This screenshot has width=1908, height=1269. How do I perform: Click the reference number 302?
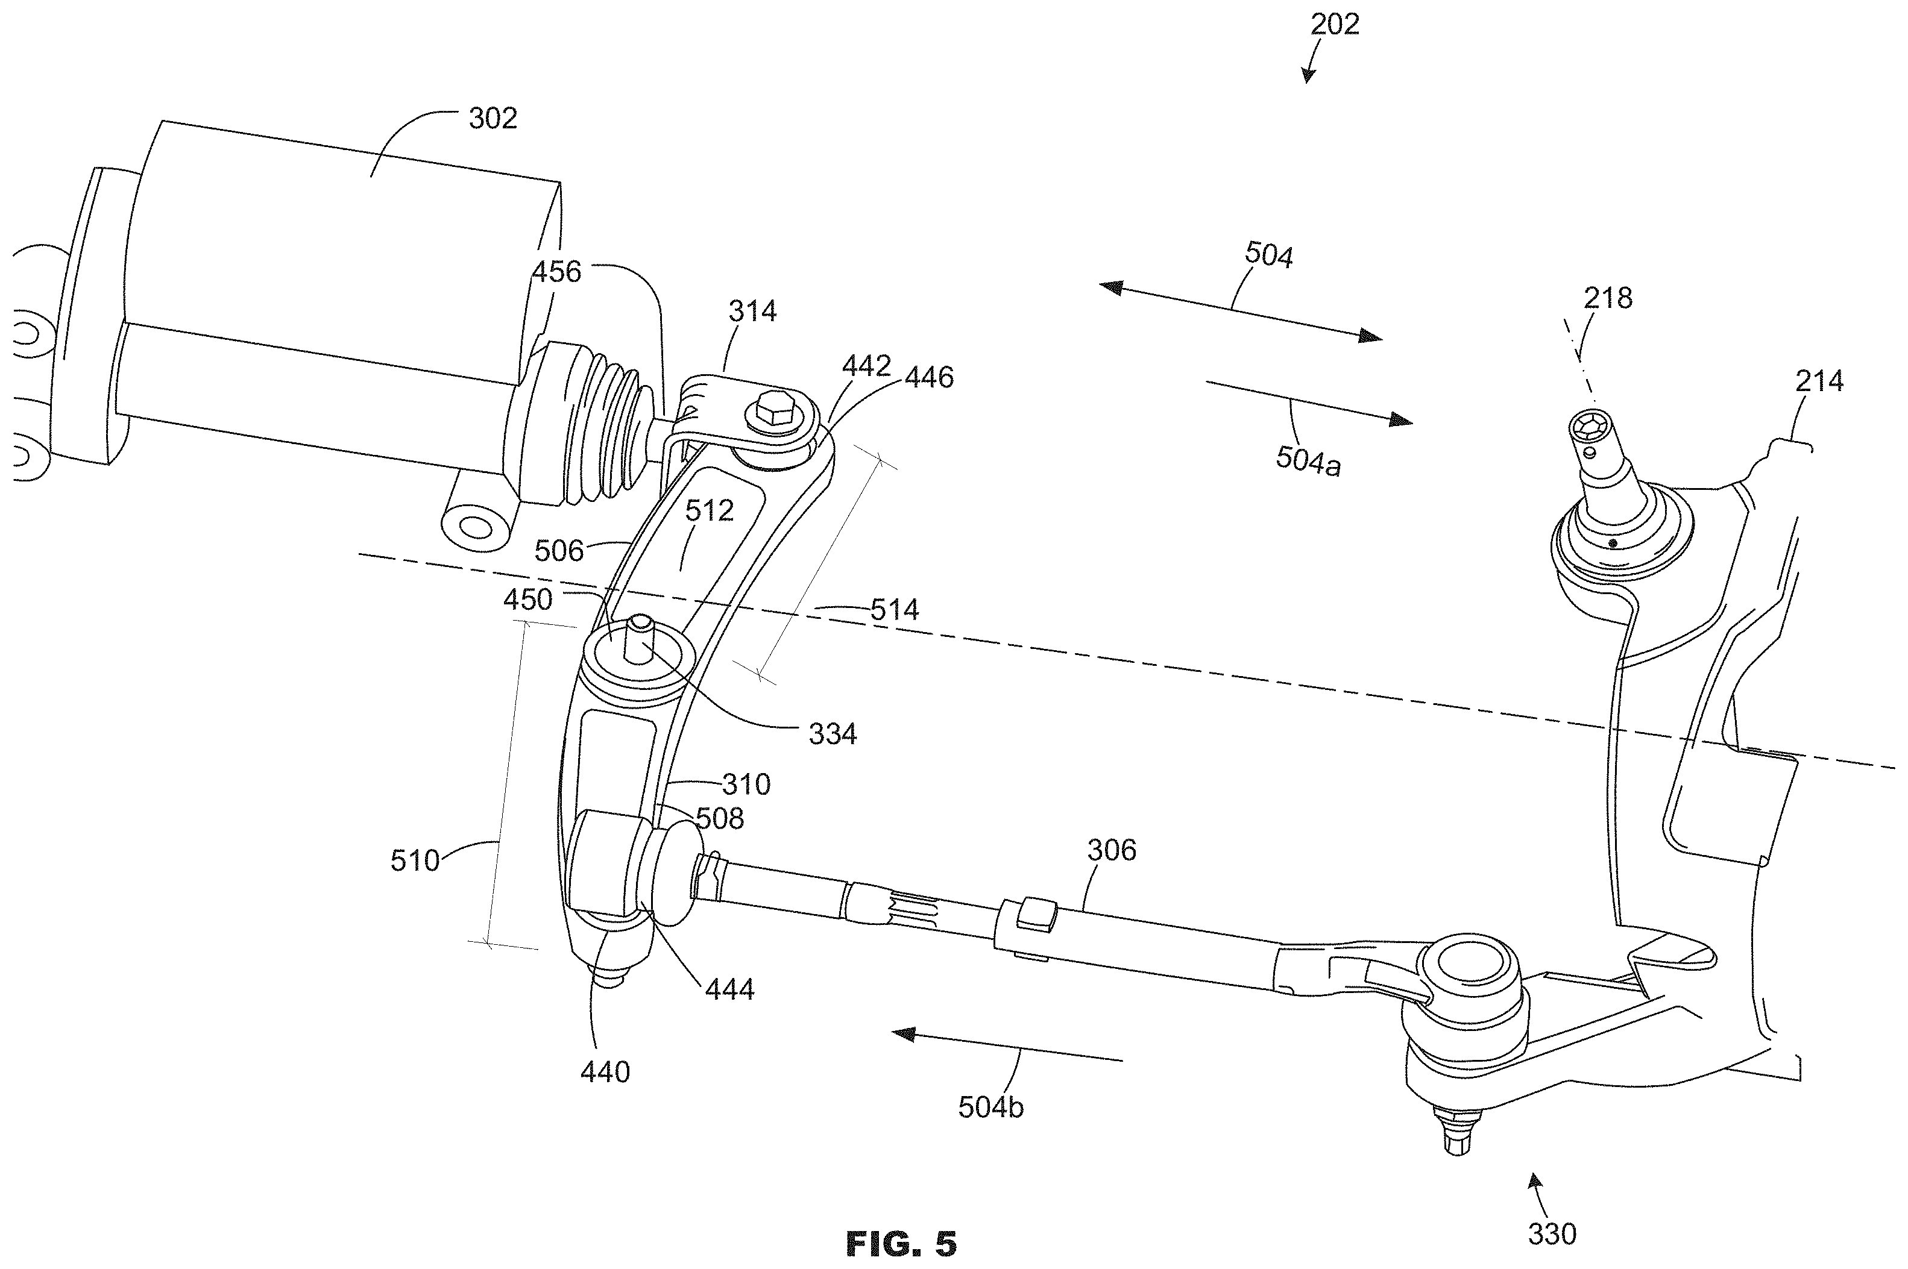coord(493,119)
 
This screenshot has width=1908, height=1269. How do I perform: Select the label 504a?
coord(1308,462)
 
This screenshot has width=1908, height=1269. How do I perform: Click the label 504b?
coord(991,1107)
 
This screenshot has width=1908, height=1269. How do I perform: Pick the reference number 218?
coord(1608,299)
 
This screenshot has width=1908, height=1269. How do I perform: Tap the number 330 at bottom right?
coord(1552,1234)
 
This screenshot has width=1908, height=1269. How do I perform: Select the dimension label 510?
coord(415,860)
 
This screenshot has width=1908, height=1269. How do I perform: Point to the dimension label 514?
coord(895,609)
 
